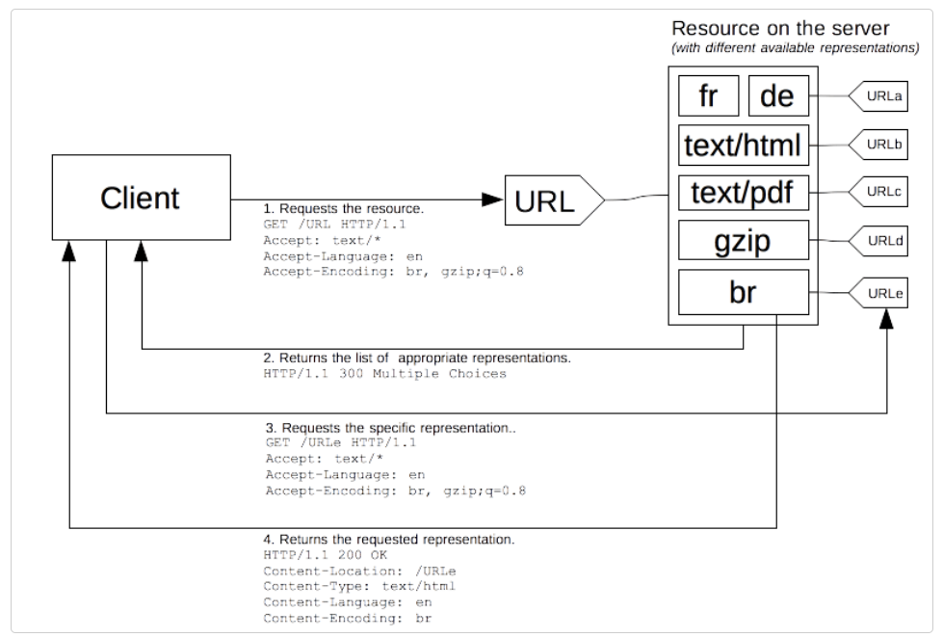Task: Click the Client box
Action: tap(142, 198)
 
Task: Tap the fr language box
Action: tap(708, 95)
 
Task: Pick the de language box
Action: tap(779, 95)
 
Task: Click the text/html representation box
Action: tap(744, 146)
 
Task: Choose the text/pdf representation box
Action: tap(744, 193)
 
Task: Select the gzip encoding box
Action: tap(744, 240)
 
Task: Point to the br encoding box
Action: tap(744, 292)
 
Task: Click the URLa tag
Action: tap(878, 96)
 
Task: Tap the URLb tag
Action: tap(878, 145)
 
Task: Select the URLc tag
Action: tap(878, 192)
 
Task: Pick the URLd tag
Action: tap(878, 241)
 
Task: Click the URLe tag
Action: tap(878, 293)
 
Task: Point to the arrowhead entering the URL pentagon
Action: tap(493, 199)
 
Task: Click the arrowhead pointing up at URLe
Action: tap(886, 319)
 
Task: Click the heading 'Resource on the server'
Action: tap(780, 28)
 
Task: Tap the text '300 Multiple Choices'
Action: tap(422, 374)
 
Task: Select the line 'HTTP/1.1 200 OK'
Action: tap(326, 555)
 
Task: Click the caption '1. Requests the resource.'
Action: tap(344, 208)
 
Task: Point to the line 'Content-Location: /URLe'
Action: tap(359, 571)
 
